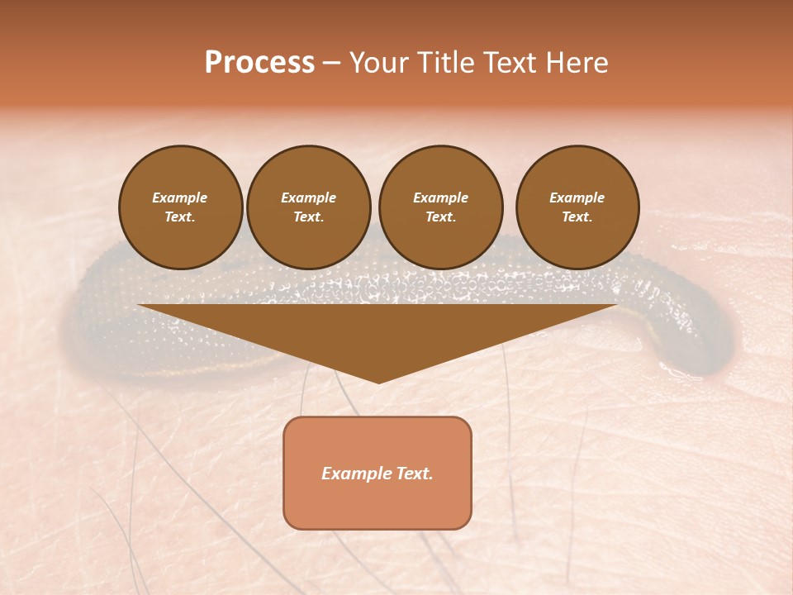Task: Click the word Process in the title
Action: click(x=259, y=63)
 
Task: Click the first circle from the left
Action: click(x=180, y=207)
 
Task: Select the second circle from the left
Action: click(x=308, y=207)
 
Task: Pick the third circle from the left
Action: click(x=440, y=207)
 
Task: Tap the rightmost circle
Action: click(x=577, y=207)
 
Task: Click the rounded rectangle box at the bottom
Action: click(x=378, y=473)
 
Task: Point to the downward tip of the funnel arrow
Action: click(x=378, y=381)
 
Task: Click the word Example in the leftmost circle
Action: click(x=180, y=198)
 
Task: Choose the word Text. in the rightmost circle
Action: click(x=577, y=217)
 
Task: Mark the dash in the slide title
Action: click(x=331, y=64)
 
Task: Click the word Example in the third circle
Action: click(x=440, y=198)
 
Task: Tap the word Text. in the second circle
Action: click(x=308, y=217)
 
